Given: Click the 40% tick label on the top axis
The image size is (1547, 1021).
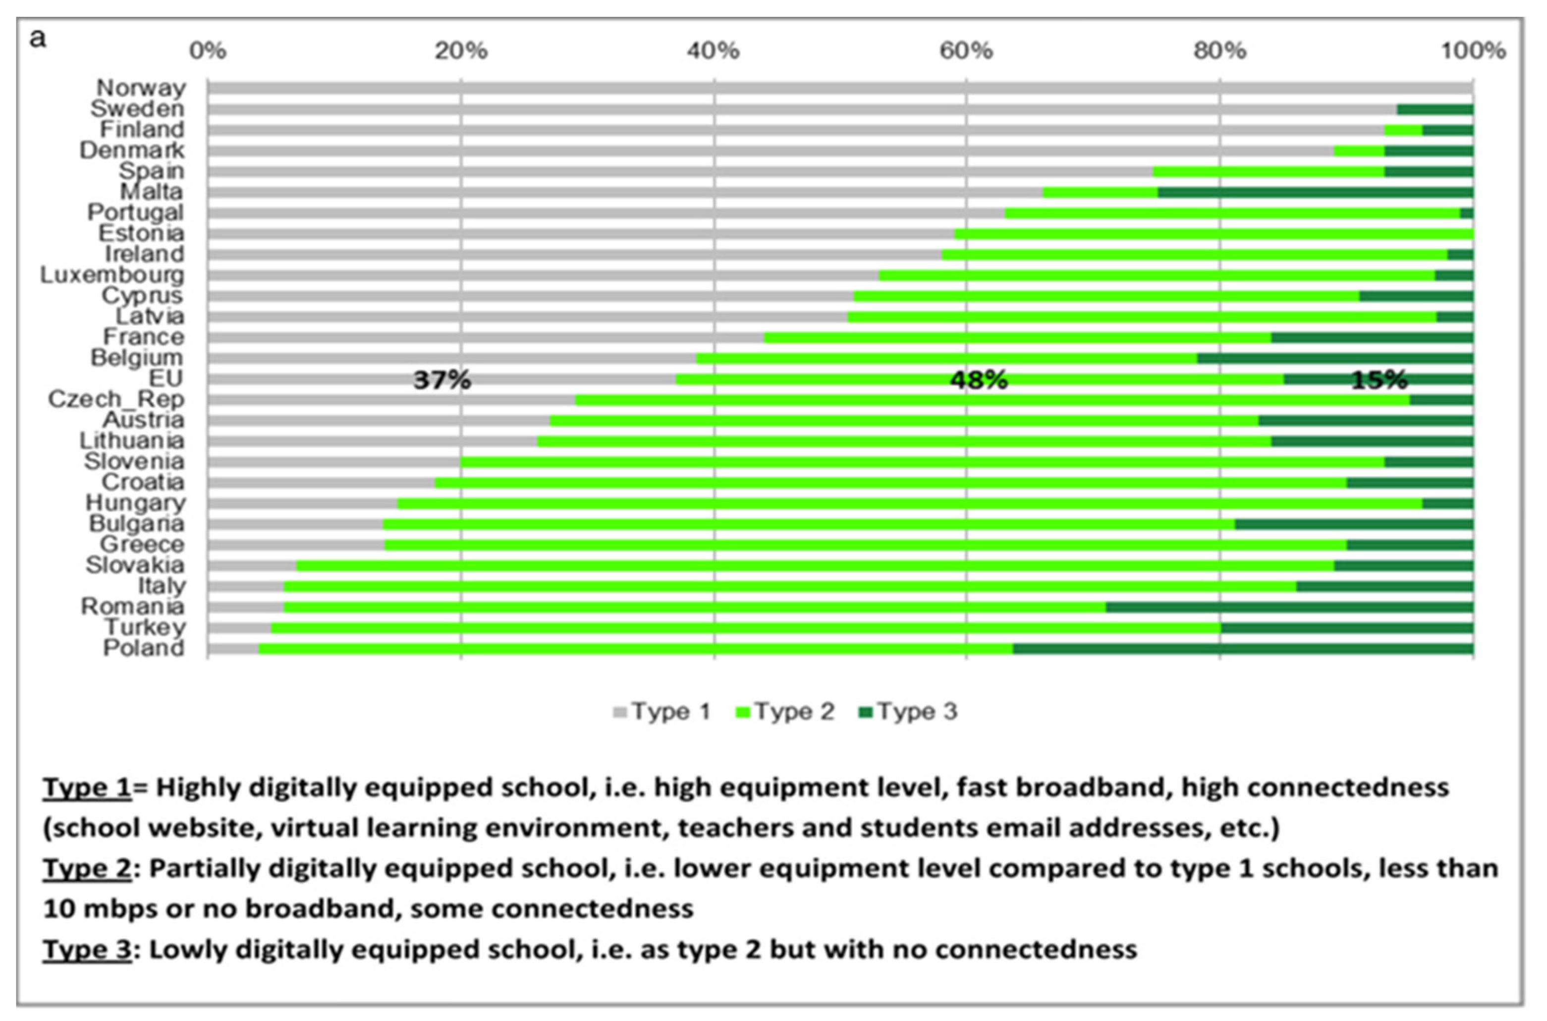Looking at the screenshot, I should click(x=713, y=51).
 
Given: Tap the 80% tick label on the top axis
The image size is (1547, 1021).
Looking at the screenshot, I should click(x=1219, y=51).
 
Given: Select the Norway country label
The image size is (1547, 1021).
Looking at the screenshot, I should click(x=141, y=87).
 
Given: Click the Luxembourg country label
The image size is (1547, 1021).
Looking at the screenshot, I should click(x=112, y=275).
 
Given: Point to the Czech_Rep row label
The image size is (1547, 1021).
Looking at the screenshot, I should click(x=116, y=398).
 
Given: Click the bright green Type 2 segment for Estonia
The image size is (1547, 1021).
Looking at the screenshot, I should click(x=1213, y=234).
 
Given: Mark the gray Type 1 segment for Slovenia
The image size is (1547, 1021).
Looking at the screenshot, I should click(x=334, y=462).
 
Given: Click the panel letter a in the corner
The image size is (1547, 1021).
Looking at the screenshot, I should click(x=38, y=39).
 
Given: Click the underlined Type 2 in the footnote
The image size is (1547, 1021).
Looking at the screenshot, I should click(x=87, y=868).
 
